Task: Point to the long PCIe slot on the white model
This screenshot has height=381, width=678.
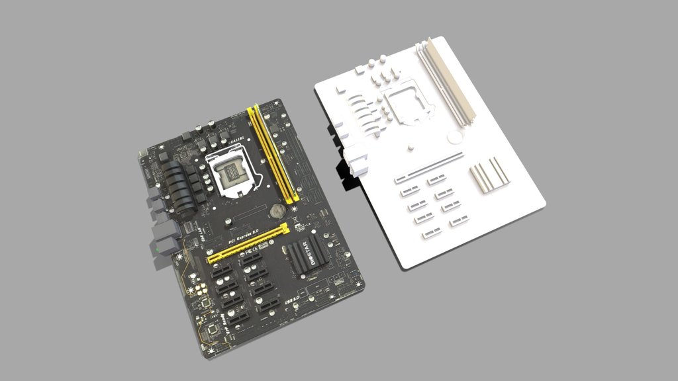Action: [429, 167]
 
